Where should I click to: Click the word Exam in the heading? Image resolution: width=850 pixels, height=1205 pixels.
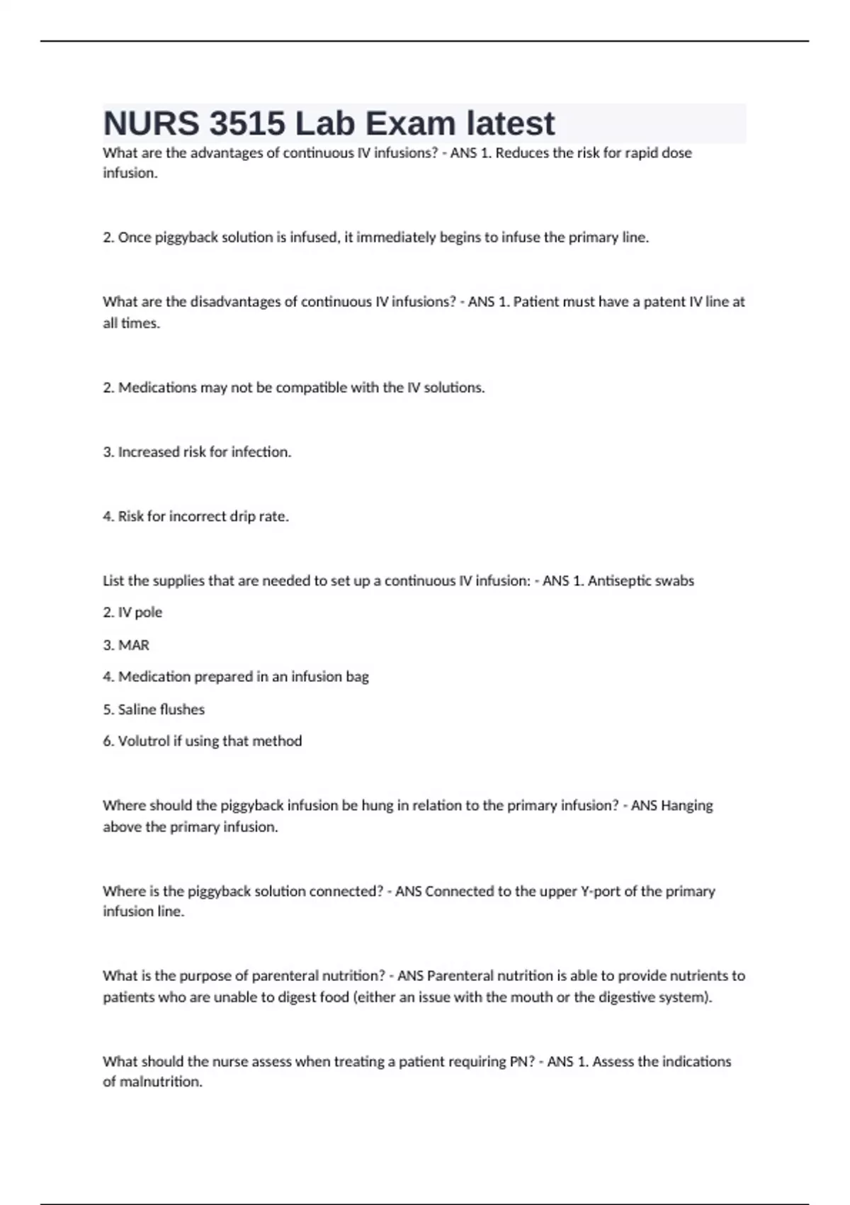[410, 124]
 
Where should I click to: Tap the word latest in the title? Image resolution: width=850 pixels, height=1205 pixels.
[510, 124]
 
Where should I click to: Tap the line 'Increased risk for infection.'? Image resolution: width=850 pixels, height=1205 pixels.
[197, 452]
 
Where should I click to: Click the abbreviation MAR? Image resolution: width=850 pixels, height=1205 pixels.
[134, 645]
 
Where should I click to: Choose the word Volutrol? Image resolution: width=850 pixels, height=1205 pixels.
[143, 741]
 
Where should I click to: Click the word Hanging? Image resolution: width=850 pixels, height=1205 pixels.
[686, 806]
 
